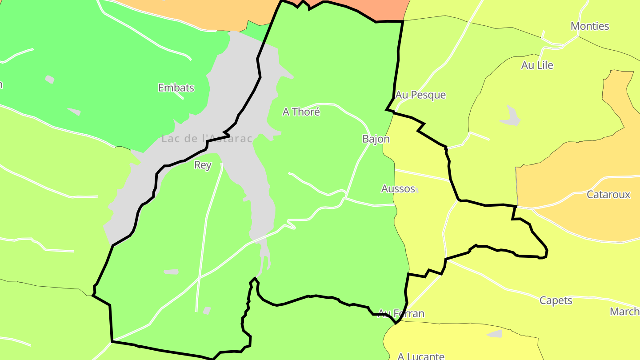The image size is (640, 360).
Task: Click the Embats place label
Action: (x=176, y=88)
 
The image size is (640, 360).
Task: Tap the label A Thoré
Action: (x=301, y=112)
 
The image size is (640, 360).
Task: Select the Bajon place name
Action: (x=376, y=139)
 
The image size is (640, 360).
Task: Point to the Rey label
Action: (x=203, y=165)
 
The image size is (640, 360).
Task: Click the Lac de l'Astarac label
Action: (x=207, y=139)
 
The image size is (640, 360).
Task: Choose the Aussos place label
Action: (x=398, y=188)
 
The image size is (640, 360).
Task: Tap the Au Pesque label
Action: (x=420, y=95)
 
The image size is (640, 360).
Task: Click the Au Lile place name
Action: (x=537, y=65)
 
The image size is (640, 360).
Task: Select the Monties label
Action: (x=590, y=26)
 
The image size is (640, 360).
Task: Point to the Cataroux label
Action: (x=608, y=194)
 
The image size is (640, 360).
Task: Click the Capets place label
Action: (x=556, y=300)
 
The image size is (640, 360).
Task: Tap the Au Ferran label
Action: (x=401, y=314)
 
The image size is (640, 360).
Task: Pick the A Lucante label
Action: (x=421, y=356)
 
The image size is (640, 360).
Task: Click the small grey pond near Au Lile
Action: (x=511, y=117)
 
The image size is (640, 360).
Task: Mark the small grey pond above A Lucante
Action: (x=495, y=333)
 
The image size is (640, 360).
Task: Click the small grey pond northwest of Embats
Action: (x=50, y=80)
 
